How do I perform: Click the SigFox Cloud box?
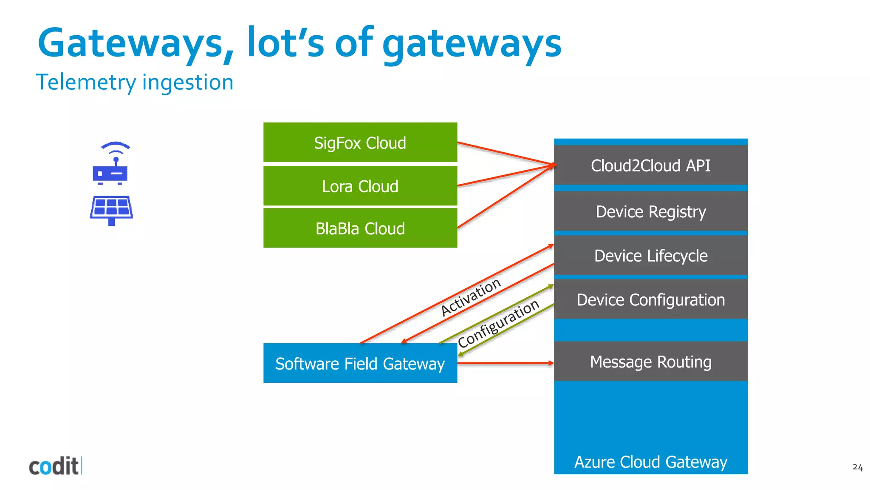click(x=360, y=142)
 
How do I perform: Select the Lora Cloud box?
click(x=360, y=186)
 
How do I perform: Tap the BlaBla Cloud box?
click(x=360, y=228)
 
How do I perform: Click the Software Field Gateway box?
click(x=360, y=363)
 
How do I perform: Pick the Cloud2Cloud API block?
click(x=650, y=165)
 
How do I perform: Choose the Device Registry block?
click(x=650, y=211)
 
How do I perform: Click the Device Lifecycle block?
click(x=650, y=256)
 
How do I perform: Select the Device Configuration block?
click(x=650, y=299)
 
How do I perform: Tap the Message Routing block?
click(x=650, y=362)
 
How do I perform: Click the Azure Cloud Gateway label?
click(x=650, y=462)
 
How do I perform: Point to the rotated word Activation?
click(x=471, y=297)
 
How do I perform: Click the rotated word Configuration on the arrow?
click(x=498, y=323)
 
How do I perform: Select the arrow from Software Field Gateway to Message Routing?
click(x=506, y=363)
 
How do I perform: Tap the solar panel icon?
click(x=111, y=210)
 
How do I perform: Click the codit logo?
click(x=54, y=466)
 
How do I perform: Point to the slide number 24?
click(x=857, y=467)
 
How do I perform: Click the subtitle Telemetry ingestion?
click(x=135, y=82)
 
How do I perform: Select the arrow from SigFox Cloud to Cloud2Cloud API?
click(x=506, y=154)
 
